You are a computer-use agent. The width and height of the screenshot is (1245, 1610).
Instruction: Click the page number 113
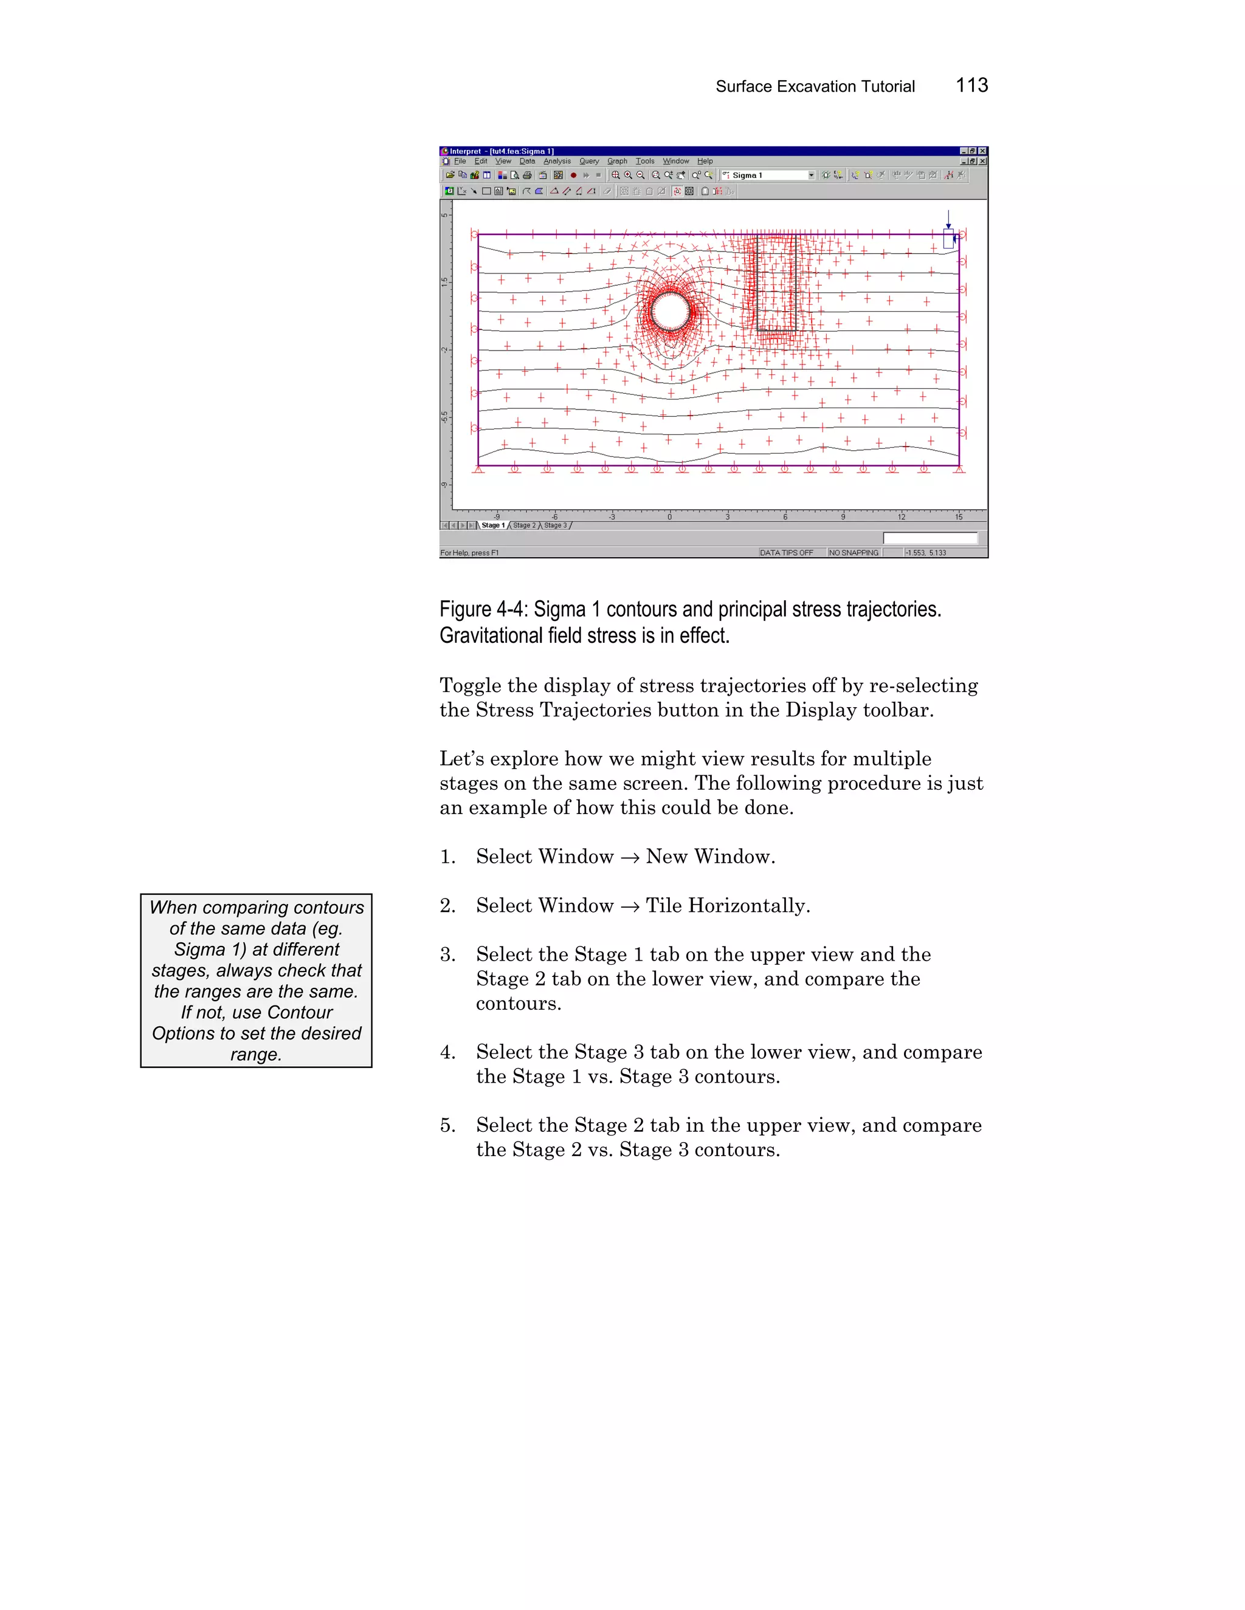point(971,86)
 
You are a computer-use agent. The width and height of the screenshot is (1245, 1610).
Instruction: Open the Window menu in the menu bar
point(675,161)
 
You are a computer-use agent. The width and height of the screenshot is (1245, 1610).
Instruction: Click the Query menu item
point(588,161)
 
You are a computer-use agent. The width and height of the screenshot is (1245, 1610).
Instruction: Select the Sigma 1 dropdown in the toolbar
point(767,176)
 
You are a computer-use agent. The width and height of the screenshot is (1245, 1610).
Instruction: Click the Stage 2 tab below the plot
point(523,526)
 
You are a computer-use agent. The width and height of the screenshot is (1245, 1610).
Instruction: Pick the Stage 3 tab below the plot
point(556,526)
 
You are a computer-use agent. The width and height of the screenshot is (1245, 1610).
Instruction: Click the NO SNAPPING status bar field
point(854,552)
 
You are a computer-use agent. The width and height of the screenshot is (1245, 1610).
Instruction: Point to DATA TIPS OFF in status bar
point(786,552)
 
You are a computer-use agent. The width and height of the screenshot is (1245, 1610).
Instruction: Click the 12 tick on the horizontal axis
point(902,517)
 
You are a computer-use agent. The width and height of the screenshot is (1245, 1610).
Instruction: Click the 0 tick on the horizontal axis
point(669,517)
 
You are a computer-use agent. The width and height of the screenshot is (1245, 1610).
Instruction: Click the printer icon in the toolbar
point(526,176)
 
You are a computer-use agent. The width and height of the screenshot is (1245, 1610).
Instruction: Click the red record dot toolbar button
point(573,176)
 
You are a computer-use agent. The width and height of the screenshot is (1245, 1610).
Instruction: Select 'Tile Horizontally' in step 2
point(727,905)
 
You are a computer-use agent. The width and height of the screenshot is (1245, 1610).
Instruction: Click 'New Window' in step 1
point(709,857)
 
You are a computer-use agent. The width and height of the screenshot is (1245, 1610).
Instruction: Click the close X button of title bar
point(982,151)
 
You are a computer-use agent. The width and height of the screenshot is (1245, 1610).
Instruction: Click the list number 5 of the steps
point(447,1126)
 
